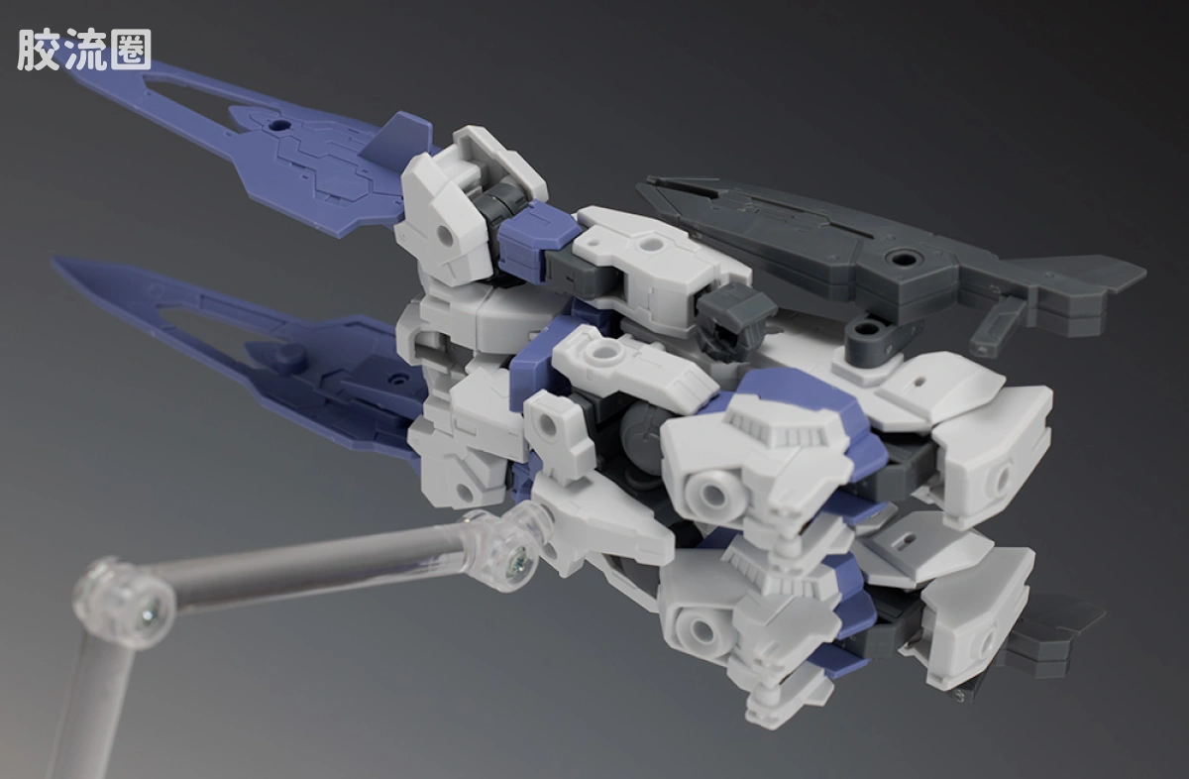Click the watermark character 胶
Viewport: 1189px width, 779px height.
(38, 50)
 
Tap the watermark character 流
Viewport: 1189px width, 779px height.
(85, 50)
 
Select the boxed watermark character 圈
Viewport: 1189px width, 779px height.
(131, 50)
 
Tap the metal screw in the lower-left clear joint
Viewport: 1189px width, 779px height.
(150, 615)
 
